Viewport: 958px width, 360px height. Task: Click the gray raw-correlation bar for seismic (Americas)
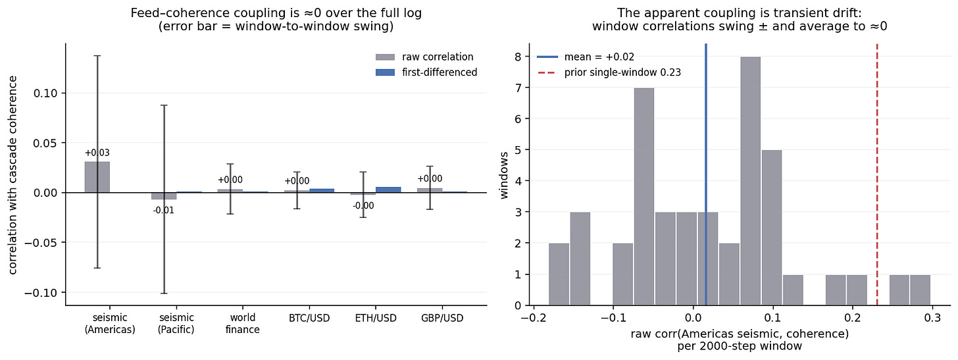97,177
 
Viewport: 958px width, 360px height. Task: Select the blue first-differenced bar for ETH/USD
388,190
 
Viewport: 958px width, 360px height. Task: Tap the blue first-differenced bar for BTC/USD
322,191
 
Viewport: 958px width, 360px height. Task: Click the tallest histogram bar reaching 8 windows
751,181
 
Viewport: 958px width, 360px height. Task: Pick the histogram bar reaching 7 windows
644,197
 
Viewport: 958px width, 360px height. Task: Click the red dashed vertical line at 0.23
877,174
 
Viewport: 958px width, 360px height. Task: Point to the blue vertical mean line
705,174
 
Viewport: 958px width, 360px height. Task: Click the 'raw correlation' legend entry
424,57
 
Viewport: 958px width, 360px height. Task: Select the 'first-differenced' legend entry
426,72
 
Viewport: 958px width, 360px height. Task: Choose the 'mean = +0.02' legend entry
586,57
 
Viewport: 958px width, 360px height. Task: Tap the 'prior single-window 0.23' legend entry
609,72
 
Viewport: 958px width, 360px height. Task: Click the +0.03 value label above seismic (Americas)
97,153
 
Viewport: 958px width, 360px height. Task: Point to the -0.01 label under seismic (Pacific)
164,211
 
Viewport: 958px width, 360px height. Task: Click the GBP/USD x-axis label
442,318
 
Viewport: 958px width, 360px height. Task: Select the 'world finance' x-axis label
243,324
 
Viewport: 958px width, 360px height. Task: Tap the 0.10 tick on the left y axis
45,93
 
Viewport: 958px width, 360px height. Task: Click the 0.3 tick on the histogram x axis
932,318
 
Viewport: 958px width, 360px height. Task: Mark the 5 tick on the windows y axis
518,150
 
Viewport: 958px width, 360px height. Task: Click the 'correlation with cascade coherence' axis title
13,175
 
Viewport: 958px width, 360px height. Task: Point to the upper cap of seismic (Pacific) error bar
164,105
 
